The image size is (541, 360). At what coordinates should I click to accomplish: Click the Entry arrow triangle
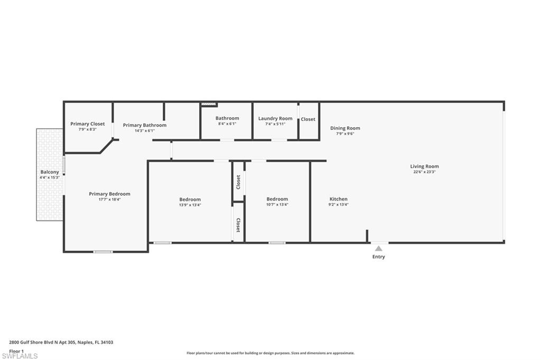coord(378,248)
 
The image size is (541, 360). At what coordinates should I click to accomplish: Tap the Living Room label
coord(424,166)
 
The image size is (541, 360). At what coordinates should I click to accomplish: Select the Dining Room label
coord(345,128)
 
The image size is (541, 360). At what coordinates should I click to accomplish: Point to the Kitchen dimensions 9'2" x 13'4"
coord(339,204)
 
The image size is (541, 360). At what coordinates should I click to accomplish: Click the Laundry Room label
coord(275,118)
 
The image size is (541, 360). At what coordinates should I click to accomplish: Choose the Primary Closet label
coord(88,124)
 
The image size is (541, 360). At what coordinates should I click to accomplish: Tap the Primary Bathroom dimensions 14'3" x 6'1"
coord(145,131)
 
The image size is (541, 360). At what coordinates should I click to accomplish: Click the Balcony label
coord(50,172)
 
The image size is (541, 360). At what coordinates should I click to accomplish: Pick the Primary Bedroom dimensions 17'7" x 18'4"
coord(110,200)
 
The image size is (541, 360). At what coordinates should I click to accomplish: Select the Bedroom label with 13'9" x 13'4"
coord(190,200)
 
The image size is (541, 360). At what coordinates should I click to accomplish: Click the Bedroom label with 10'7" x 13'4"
coord(277,199)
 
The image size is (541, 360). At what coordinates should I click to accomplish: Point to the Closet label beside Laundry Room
coord(308,119)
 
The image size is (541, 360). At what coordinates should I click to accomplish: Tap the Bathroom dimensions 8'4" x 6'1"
coord(227,124)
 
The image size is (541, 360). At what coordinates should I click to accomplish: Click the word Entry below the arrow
coord(378,257)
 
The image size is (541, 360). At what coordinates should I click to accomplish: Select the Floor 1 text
coord(16,351)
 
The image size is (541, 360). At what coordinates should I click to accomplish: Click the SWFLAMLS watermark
coord(20,356)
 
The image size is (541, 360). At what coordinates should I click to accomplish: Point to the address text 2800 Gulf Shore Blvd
coord(31,343)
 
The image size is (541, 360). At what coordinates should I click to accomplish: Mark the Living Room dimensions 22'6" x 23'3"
coord(424,172)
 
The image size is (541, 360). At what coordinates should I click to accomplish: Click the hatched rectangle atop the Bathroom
coord(208,103)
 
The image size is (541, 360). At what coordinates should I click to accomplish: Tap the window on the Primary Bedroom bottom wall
coord(103,252)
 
